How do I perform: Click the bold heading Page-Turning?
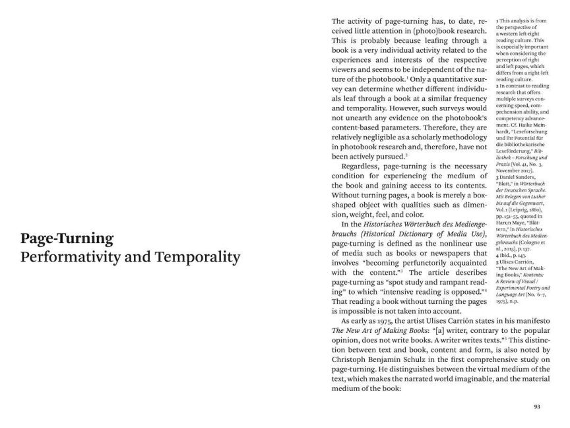tap(67, 238)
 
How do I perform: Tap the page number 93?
tap(537, 407)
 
